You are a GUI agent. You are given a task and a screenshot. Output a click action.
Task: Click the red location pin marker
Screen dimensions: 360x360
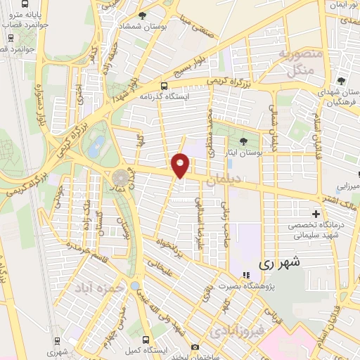pos(181,165)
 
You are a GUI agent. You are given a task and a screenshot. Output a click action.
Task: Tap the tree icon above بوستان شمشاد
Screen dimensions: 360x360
pos(143,15)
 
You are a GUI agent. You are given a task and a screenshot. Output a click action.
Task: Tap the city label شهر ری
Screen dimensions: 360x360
pos(279,263)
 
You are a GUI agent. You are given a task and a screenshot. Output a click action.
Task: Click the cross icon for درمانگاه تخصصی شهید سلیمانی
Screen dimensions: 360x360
pos(316,213)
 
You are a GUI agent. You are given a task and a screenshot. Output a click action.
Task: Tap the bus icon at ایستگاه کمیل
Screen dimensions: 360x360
pos(145,339)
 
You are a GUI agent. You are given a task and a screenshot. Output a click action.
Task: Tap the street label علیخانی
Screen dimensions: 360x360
pos(158,262)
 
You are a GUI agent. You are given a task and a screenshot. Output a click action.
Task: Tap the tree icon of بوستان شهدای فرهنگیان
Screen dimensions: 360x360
pos(342,82)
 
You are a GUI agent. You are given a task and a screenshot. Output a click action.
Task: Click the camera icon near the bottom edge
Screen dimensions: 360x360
pos(194,347)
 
